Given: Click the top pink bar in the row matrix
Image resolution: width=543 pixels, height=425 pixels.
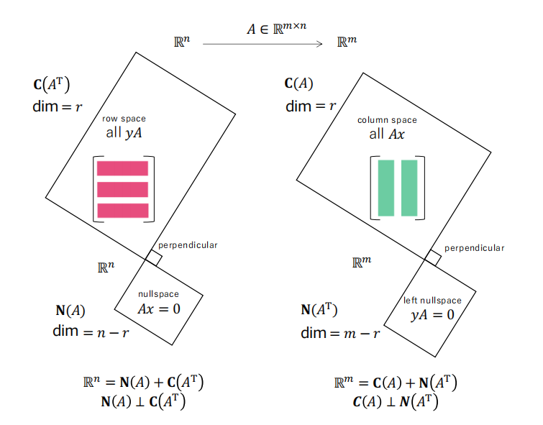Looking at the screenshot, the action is point(122,168).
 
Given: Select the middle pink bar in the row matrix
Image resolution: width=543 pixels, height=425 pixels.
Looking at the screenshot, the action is point(122,189).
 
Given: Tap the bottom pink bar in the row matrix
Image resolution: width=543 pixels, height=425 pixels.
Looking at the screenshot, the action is point(123,211).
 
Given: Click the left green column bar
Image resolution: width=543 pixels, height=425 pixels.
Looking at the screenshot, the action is point(386,188).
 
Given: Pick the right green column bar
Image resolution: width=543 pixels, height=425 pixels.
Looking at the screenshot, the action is point(409,188).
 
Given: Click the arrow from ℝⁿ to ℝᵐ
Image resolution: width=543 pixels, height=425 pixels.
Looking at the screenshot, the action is point(263,44).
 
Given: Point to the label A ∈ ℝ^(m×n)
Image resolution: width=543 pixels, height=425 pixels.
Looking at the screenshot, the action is point(277,28).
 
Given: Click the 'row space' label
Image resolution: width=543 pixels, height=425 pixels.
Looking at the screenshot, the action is point(124,119).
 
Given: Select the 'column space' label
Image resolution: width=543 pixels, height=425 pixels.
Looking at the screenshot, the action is point(387,120).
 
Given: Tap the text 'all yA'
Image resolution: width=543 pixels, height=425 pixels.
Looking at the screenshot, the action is point(124,133).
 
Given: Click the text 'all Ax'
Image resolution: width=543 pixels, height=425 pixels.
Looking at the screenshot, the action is point(387,134).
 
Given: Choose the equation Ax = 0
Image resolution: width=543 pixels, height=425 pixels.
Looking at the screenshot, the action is point(159,309).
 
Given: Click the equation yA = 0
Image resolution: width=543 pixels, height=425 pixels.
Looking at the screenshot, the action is point(432,315).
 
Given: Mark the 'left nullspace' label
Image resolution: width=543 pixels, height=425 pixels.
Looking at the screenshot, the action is point(432,301).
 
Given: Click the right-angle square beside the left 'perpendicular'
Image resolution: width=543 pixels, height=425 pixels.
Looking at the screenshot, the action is point(154,258).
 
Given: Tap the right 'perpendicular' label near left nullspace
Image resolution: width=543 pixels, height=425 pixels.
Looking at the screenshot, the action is point(475,248).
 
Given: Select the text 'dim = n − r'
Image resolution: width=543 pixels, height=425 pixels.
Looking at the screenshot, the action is point(91,332).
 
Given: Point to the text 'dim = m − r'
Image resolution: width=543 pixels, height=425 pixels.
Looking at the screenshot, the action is point(340,333).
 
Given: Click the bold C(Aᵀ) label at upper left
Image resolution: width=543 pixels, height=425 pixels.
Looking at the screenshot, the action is point(52,84).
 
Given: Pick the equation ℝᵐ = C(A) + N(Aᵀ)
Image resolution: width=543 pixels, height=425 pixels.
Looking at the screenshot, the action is point(396,383).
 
